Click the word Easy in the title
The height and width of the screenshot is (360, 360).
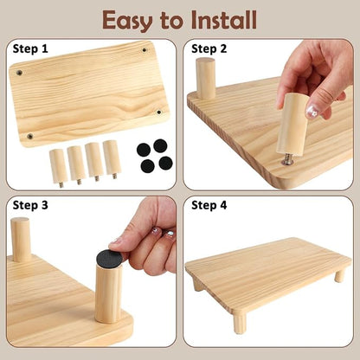pos(127,21)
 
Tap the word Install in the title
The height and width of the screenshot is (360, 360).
pos(224,20)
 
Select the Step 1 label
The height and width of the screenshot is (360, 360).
pos(30,48)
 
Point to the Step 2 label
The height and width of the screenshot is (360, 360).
pos(209,48)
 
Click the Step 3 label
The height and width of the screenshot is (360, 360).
pos(30,205)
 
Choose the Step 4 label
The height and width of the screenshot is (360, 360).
pos(209,205)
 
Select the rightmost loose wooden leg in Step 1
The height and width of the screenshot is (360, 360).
pos(112,159)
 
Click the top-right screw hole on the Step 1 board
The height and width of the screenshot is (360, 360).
pos(145,50)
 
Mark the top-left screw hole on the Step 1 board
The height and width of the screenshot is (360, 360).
pos(19,73)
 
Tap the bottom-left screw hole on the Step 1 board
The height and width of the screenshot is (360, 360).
pos(29,136)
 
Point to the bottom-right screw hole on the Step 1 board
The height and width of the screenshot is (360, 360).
pos(158,112)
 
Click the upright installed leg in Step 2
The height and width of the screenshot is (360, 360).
pos(205,79)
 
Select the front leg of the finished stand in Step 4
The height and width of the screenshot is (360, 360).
pos(240,324)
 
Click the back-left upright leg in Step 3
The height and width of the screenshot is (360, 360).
pos(20,240)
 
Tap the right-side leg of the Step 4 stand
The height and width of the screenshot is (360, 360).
pos(339,276)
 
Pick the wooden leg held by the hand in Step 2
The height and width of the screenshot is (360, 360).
pos(292,124)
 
